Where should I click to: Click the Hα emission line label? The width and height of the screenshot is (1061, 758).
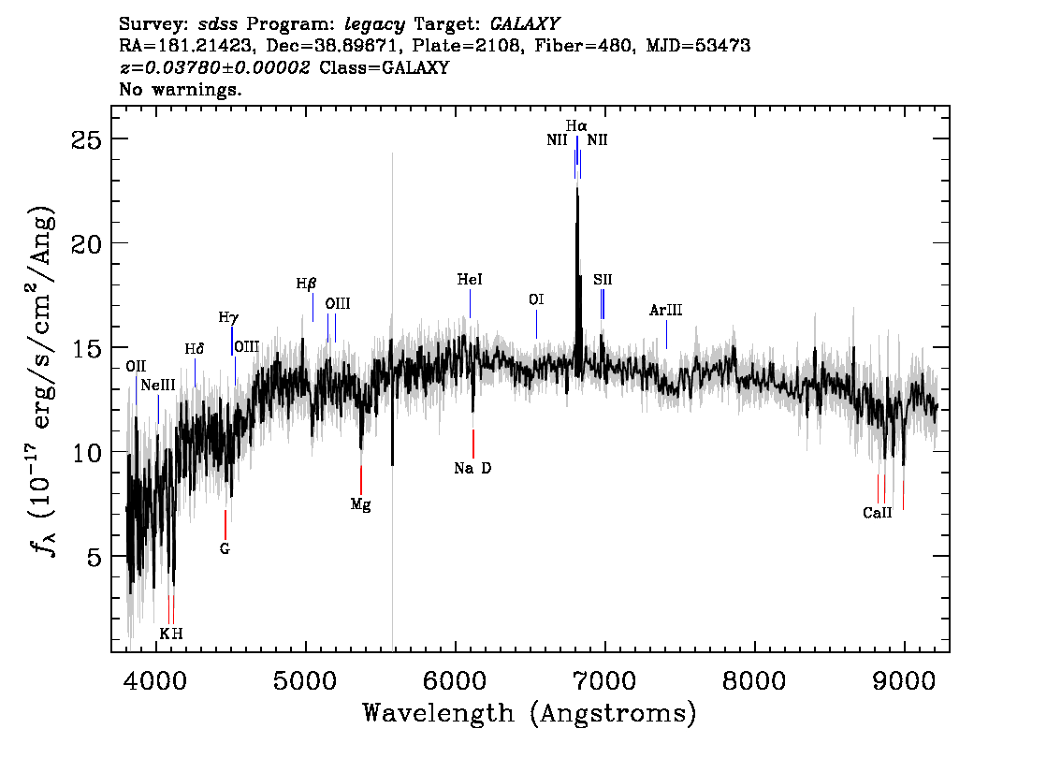click(x=576, y=126)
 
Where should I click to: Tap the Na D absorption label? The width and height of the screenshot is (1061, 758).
click(x=473, y=468)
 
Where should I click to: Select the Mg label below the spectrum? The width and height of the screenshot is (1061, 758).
click(x=360, y=504)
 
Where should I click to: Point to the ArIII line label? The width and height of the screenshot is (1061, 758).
click(x=666, y=310)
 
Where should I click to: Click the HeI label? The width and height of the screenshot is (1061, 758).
click(x=470, y=280)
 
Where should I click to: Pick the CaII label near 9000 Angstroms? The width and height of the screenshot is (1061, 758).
click(x=878, y=513)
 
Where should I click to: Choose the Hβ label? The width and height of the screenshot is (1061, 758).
click(x=307, y=284)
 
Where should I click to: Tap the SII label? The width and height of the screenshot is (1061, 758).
click(x=603, y=280)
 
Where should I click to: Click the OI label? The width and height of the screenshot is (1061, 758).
click(x=536, y=299)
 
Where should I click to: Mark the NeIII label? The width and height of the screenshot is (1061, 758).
click(x=158, y=386)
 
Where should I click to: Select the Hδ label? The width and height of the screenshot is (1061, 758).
click(x=195, y=349)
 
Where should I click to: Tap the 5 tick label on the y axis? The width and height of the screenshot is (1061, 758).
click(x=94, y=556)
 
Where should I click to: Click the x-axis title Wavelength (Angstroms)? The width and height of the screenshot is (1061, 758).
click(x=530, y=713)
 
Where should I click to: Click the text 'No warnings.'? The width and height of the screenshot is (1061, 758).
click(x=180, y=89)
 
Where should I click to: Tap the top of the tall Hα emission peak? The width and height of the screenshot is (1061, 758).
click(x=576, y=188)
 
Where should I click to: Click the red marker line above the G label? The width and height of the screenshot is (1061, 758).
click(x=225, y=524)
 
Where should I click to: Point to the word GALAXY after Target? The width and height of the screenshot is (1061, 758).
click(x=525, y=24)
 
